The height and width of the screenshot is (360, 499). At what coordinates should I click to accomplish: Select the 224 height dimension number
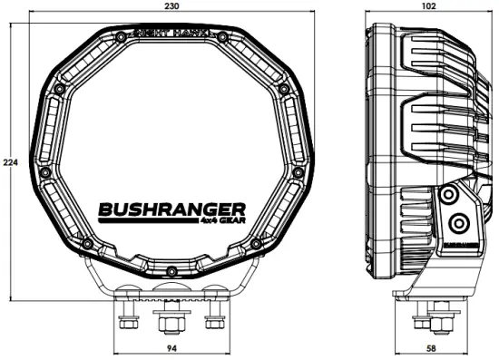[9, 162]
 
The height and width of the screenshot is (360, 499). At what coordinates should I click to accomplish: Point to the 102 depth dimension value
[428, 5]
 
